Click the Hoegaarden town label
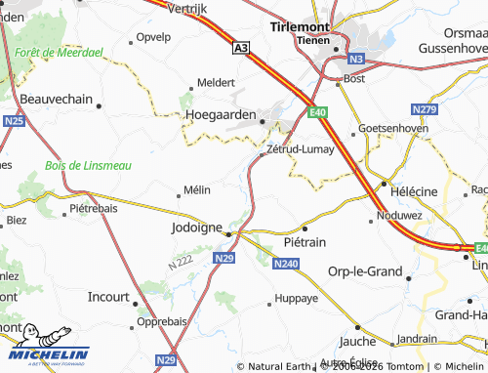click(221, 114)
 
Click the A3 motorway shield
click(241, 46)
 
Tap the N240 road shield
click(286, 264)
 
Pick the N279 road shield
click(425, 107)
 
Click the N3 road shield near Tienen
click(356, 58)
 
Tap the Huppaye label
click(297, 298)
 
